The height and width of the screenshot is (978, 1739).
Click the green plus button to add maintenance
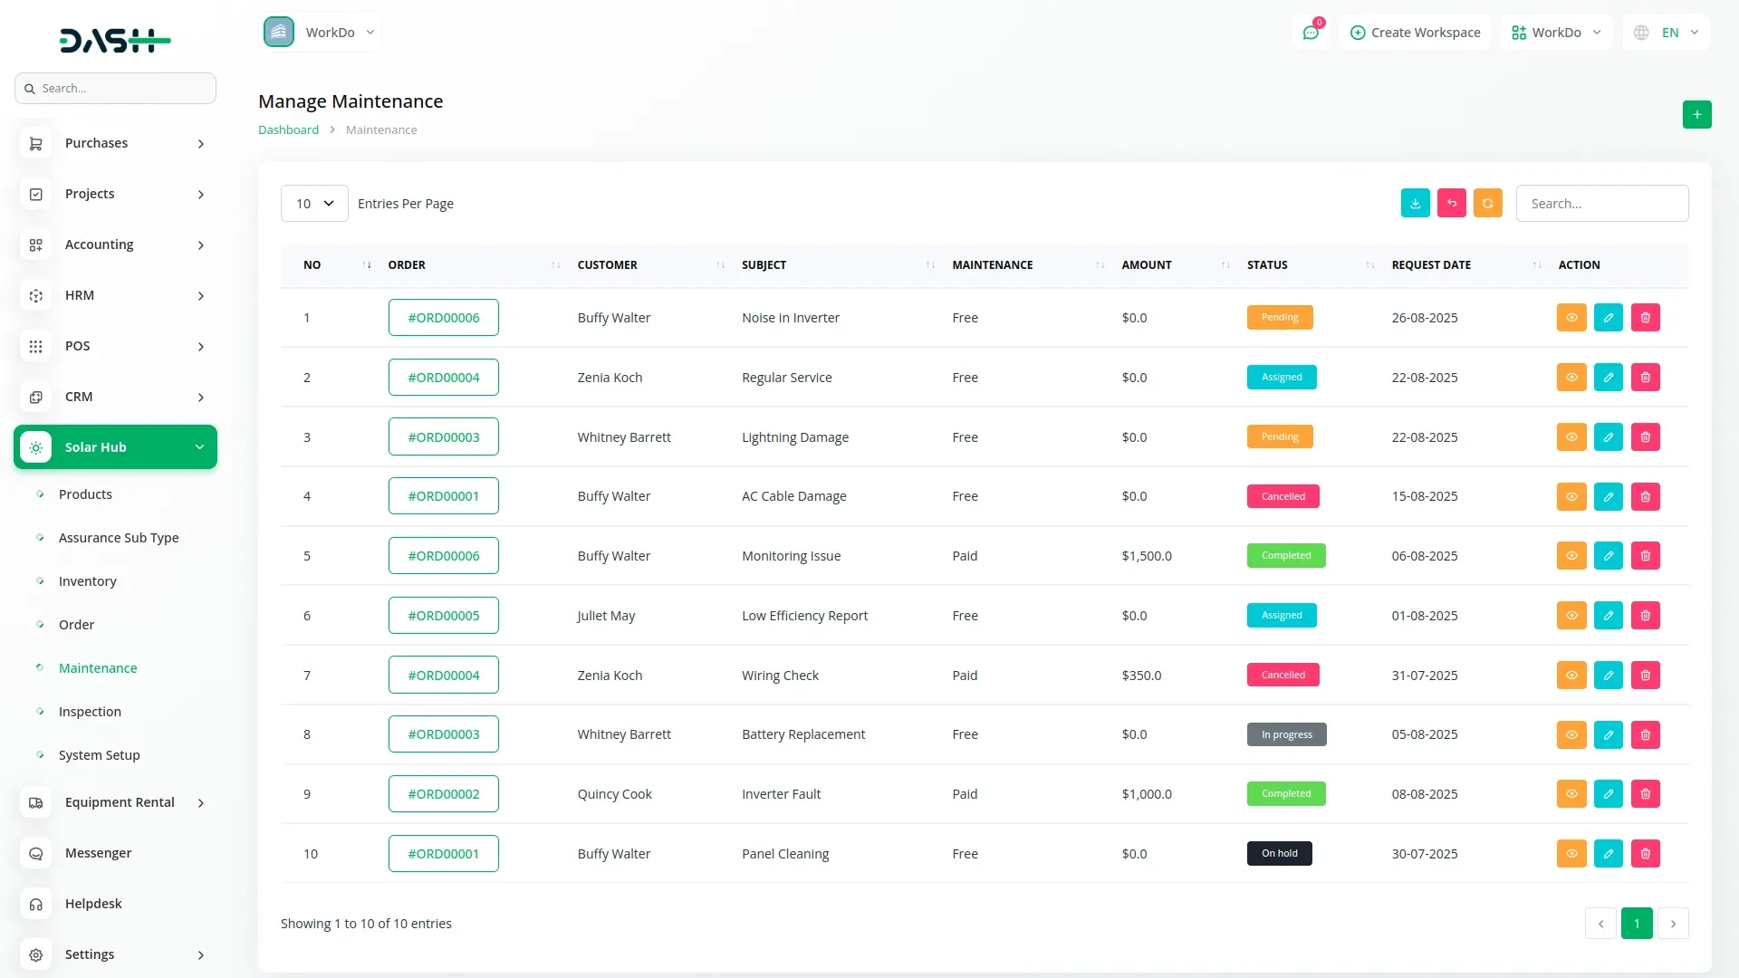[x=1696, y=115]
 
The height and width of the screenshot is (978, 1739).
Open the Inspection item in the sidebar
[x=90, y=712]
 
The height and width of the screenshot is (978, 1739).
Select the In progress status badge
[x=1286, y=734]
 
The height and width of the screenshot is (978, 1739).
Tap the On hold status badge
[x=1279, y=854]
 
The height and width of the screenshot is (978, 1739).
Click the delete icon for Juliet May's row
[x=1645, y=616]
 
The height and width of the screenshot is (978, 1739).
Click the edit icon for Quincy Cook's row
[x=1608, y=794]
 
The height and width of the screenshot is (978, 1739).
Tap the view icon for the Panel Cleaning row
[x=1571, y=854]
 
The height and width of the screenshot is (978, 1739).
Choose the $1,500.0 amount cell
[x=1146, y=556]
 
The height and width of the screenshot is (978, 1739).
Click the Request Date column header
[x=1431, y=265]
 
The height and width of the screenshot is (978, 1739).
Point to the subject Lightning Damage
[x=794, y=437]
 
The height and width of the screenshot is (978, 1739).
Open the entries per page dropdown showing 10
[x=314, y=204]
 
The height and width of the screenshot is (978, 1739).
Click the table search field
[x=1601, y=204]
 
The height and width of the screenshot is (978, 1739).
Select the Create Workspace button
[x=1415, y=33]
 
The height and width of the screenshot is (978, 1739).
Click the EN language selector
[x=1668, y=33]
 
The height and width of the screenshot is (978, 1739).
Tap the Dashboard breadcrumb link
[x=288, y=130]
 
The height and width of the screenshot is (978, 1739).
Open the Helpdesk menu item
[x=93, y=904]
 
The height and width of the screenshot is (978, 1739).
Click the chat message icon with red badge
[x=1311, y=33]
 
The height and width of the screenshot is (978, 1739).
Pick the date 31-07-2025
[x=1424, y=676]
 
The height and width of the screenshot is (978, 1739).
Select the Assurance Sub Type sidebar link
[x=119, y=538]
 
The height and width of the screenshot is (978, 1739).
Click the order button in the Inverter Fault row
[x=443, y=794]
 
